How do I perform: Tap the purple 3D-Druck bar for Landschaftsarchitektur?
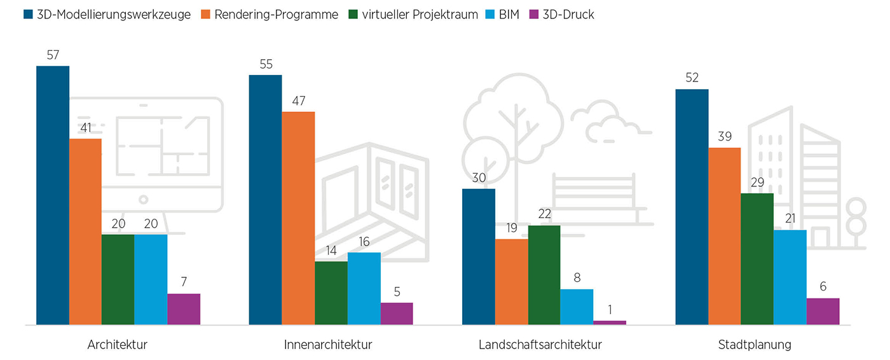[x=610, y=322]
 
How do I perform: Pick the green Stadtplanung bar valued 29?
[x=757, y=259]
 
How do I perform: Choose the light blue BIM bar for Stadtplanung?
[x=790, y=277]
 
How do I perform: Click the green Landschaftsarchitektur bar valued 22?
[x=544, y=275]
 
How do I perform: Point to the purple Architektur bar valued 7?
[x=184, y=309]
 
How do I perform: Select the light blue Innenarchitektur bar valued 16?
[x=364, y=289]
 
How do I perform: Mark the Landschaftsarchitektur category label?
[x=540, y=345]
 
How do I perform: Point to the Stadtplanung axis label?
[x=755, y=345]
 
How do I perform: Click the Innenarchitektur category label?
[x=328, y=345]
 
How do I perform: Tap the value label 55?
[x=265, y=64]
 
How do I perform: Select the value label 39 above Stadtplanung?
[x=724, y=137]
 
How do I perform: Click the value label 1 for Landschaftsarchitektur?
[x=610, y=310]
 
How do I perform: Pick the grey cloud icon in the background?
[x=604, y=121]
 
